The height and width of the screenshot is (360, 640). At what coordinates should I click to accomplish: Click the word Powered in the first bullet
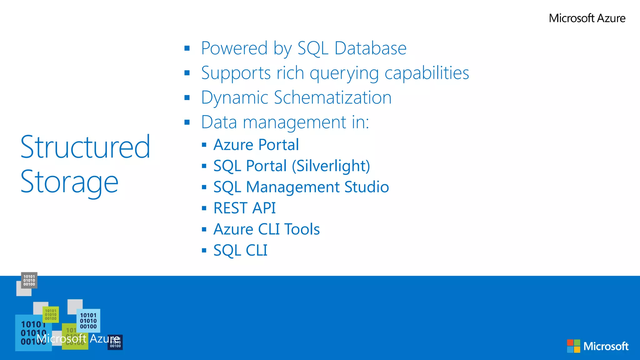coord(234,48)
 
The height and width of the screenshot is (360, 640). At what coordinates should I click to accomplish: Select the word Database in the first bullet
coord(370,48)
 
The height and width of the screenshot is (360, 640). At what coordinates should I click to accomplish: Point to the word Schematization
coord(332,97)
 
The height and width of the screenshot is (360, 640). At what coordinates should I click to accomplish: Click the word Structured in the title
coord(85,147)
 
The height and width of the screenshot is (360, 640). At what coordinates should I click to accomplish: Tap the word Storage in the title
coord(69,182)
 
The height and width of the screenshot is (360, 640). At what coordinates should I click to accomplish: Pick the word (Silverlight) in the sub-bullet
coord(331,166)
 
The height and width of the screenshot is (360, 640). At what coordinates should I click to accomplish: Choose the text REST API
coord(244,208)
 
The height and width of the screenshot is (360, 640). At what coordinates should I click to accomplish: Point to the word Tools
coord(302,229)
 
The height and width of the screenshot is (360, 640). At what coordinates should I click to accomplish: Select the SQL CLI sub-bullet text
coord(240,250)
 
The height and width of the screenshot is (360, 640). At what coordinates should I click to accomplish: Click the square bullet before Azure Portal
coord(204,145)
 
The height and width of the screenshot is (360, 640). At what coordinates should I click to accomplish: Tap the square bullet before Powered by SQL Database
coord(187,48)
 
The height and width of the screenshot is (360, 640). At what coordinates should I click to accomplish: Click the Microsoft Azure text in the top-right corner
coord(587,18)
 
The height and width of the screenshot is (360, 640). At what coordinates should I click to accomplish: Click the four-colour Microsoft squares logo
coord(573,346)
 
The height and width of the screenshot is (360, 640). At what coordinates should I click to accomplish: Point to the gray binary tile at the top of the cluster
coord(29,280)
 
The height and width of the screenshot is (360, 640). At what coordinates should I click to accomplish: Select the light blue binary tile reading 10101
coord(88,321)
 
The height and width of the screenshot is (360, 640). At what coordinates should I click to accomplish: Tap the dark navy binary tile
coord(115,343)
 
